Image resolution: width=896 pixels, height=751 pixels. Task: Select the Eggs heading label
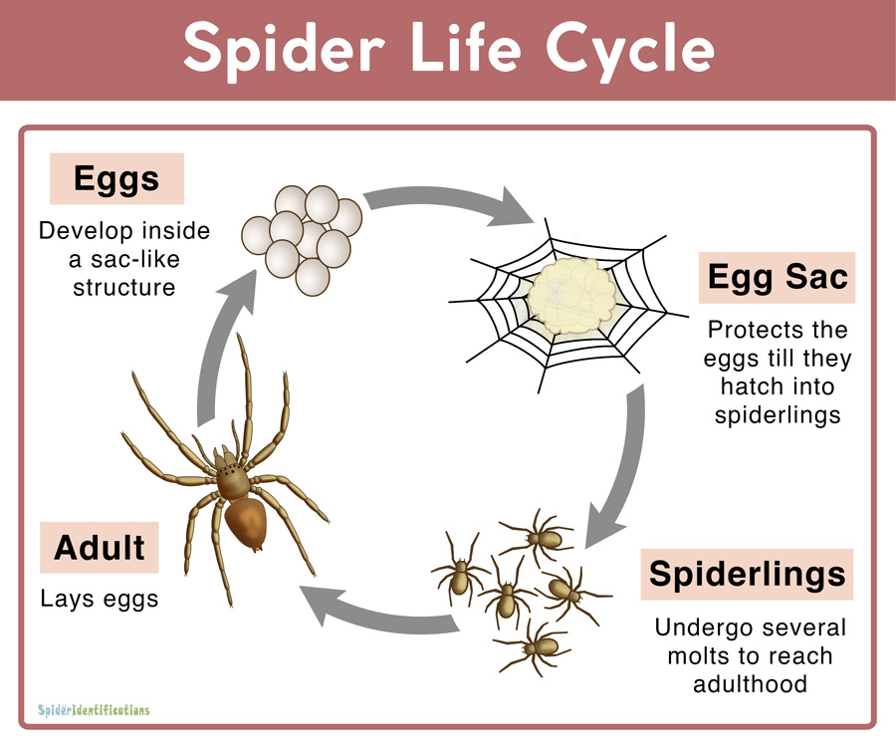116,178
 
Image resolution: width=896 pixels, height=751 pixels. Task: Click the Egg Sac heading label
778,277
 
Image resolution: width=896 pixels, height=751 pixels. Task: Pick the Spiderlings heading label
747,575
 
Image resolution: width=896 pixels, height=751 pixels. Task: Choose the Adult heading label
99,547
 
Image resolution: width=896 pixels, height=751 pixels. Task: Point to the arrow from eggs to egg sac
449,204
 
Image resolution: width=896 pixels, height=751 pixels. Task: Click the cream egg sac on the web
572,296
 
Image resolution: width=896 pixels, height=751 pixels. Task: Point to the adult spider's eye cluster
230,470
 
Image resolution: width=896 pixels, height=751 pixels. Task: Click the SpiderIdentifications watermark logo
94,710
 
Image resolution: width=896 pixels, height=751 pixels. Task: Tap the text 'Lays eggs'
99,599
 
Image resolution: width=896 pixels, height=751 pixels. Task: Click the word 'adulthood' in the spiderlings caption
750,683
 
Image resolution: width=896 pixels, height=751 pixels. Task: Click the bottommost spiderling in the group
535,648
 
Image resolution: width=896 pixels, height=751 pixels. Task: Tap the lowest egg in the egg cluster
313,277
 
